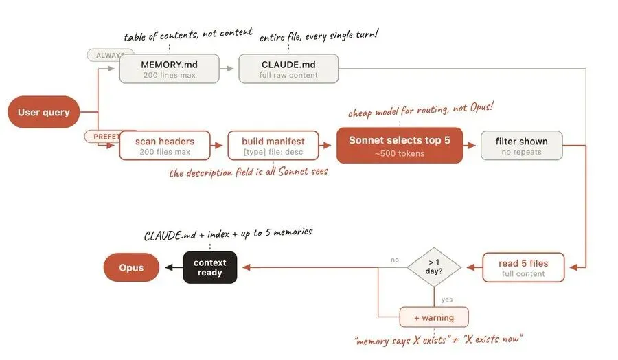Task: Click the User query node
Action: point(44,112)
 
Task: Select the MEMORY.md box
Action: point(170,69)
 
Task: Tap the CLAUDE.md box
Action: point(288,69)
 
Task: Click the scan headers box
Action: point(164,146)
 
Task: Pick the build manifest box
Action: point(273,146)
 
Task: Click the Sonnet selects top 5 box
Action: point(400,146)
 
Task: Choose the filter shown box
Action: point(521,146)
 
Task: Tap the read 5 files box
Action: point(523,267)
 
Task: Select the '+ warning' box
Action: point(434,317)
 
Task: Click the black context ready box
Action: point(209,267)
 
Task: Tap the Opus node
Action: point(131,267)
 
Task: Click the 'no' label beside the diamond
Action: point(394,260)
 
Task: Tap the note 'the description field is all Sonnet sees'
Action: point(249,172)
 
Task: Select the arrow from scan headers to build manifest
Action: point(218,146)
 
